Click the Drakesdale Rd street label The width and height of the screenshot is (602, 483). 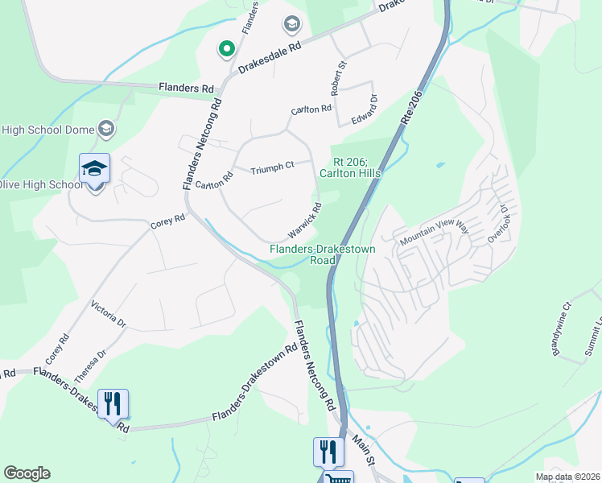click(x=270, y=56)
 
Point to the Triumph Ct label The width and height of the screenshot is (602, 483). click(x=271, y=169)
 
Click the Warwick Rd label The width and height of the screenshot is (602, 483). click(x=306, y=219)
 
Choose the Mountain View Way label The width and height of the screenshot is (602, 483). click(x=434, y=233)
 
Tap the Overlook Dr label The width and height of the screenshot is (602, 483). click(x=500, y=222)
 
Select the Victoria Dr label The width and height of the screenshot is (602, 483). click(x=109, y=315)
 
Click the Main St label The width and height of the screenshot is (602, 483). click(x=362, y=452)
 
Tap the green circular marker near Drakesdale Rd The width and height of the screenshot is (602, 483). click(x=227, y=50)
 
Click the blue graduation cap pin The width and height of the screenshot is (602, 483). click(x=94, y=169)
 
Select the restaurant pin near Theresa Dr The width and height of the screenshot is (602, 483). click(x=113, y=403)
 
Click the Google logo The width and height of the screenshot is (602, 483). click(x=27, y=473)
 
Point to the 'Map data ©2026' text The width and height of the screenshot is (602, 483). click(x=567, y=477)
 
